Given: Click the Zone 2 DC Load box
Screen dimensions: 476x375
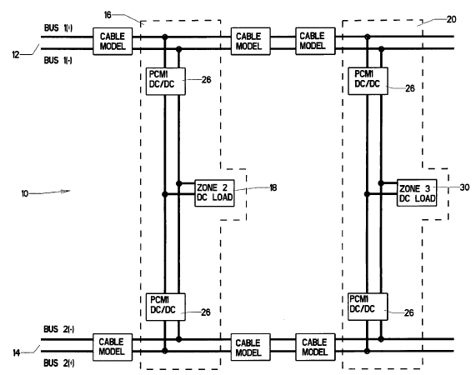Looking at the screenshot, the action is (214, 193).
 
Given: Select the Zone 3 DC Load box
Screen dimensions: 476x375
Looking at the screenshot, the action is (417, 193).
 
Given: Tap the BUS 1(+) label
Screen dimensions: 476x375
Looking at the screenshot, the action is (58, 27).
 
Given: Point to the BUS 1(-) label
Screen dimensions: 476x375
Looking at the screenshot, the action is (58, 60).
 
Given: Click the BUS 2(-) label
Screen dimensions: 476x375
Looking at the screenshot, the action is (59, 329).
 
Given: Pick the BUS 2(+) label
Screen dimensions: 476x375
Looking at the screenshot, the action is (59, 362).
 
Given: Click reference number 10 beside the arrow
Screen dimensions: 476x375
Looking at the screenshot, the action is (25, 193).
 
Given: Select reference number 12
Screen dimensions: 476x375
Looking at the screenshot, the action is (16, 55).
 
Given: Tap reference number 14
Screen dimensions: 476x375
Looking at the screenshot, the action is (17, 352).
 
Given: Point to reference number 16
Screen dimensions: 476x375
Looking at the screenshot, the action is (108, 15).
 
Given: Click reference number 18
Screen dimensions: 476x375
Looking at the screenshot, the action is (273, 187).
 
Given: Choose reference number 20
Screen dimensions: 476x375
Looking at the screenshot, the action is (452, 19).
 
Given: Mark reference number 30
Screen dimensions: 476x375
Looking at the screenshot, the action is (465, 187).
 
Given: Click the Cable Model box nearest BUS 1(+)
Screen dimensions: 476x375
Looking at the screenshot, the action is (113, 42).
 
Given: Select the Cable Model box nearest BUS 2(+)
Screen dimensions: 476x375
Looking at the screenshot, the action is (113, 347).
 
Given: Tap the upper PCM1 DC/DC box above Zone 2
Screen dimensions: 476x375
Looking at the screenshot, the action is (166, 82).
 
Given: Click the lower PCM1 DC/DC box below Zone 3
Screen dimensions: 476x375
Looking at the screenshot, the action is (368, 307).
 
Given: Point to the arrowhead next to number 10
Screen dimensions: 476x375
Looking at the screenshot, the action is (65, 191).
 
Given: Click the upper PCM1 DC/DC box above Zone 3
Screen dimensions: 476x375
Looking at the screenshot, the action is (368, 81).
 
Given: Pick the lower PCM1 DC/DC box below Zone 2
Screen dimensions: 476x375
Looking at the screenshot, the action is (166, 307).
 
